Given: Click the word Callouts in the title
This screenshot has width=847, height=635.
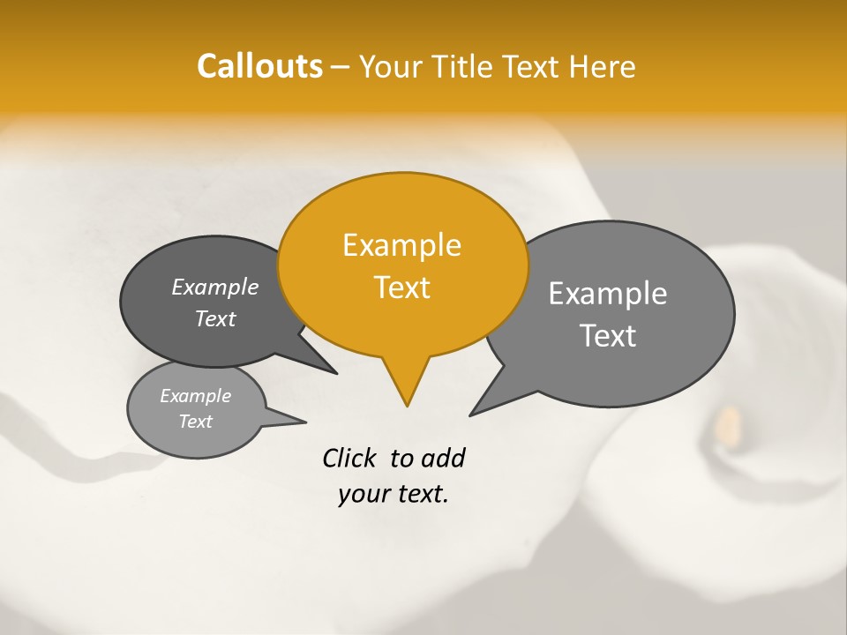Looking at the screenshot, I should coord(259,66).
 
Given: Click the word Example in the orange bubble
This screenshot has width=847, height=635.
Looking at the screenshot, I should coord(401,245).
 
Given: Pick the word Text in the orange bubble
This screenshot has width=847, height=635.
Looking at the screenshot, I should coord(401,288).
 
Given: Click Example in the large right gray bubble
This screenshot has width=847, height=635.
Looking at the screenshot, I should coord(608,294).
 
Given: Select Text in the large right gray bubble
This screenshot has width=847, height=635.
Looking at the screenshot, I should coord(608,336).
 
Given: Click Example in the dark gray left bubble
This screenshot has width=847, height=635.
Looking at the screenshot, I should coord(215,288).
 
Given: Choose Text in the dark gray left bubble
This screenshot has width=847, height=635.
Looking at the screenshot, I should coord(215,319).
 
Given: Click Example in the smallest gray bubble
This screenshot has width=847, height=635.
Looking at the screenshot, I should coord(196,397).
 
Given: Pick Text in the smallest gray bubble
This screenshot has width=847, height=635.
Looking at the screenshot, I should coord(196,422).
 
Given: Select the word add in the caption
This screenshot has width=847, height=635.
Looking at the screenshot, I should coord(443,459).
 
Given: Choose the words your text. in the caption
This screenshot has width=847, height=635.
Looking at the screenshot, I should coord(394,495).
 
